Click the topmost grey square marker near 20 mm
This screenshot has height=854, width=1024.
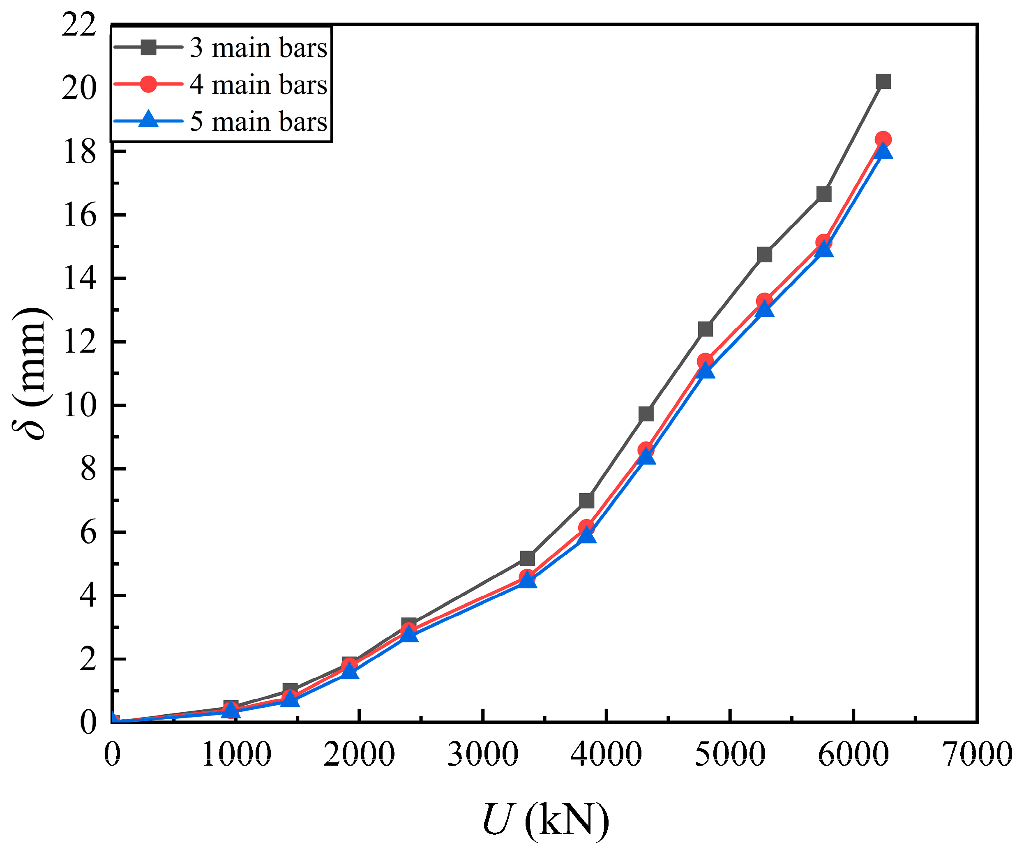pos(883,81)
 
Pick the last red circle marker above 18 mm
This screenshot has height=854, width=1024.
pos(883,139)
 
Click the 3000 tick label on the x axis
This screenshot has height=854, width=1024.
pos(483,754)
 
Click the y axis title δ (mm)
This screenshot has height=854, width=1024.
pos(30,373)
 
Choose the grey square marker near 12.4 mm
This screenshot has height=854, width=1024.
pos(705,329)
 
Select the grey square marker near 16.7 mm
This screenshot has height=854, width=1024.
pos(823,194)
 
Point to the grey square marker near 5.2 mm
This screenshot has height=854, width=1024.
pos(527,557)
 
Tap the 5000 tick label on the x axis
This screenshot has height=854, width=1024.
pos(730,754)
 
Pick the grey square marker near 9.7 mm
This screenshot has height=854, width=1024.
pos(646,413)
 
